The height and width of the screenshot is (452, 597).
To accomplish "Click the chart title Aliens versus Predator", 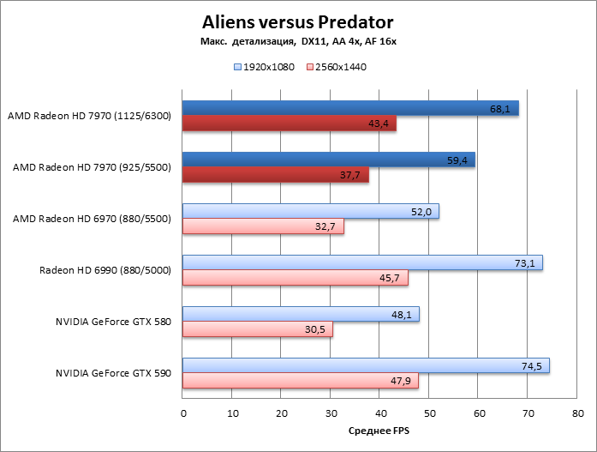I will click(x=298, y=21).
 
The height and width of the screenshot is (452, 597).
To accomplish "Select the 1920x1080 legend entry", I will click(x=264, y=66).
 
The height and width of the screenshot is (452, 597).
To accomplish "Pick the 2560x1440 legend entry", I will click(x=335, y=66).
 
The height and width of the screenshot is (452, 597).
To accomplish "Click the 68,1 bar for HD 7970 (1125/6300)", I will click(x=350, y=108).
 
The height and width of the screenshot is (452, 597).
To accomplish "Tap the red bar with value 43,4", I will click(x=289, y=124).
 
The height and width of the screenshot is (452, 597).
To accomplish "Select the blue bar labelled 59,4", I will click(x=328, y=160).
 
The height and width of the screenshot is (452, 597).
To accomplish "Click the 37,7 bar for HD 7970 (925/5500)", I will click(x=275, y=175).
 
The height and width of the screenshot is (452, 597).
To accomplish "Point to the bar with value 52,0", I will click(x=310, y=211).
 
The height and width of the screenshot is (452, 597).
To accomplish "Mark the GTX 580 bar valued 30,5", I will click(x=257, y=329).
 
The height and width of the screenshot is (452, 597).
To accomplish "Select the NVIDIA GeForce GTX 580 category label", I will click(x=114, y=322).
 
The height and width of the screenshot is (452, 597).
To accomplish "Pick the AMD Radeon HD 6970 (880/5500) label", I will click(x=93, y=219).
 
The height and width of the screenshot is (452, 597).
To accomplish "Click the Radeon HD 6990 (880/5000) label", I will click(x=105, y=270).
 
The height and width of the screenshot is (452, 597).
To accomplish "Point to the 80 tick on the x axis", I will click(x=577, y=413).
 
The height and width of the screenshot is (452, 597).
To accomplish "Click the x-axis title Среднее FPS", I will click(x=379, y=431).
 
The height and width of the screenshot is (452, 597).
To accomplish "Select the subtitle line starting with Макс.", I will click(x=297, y=42).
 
